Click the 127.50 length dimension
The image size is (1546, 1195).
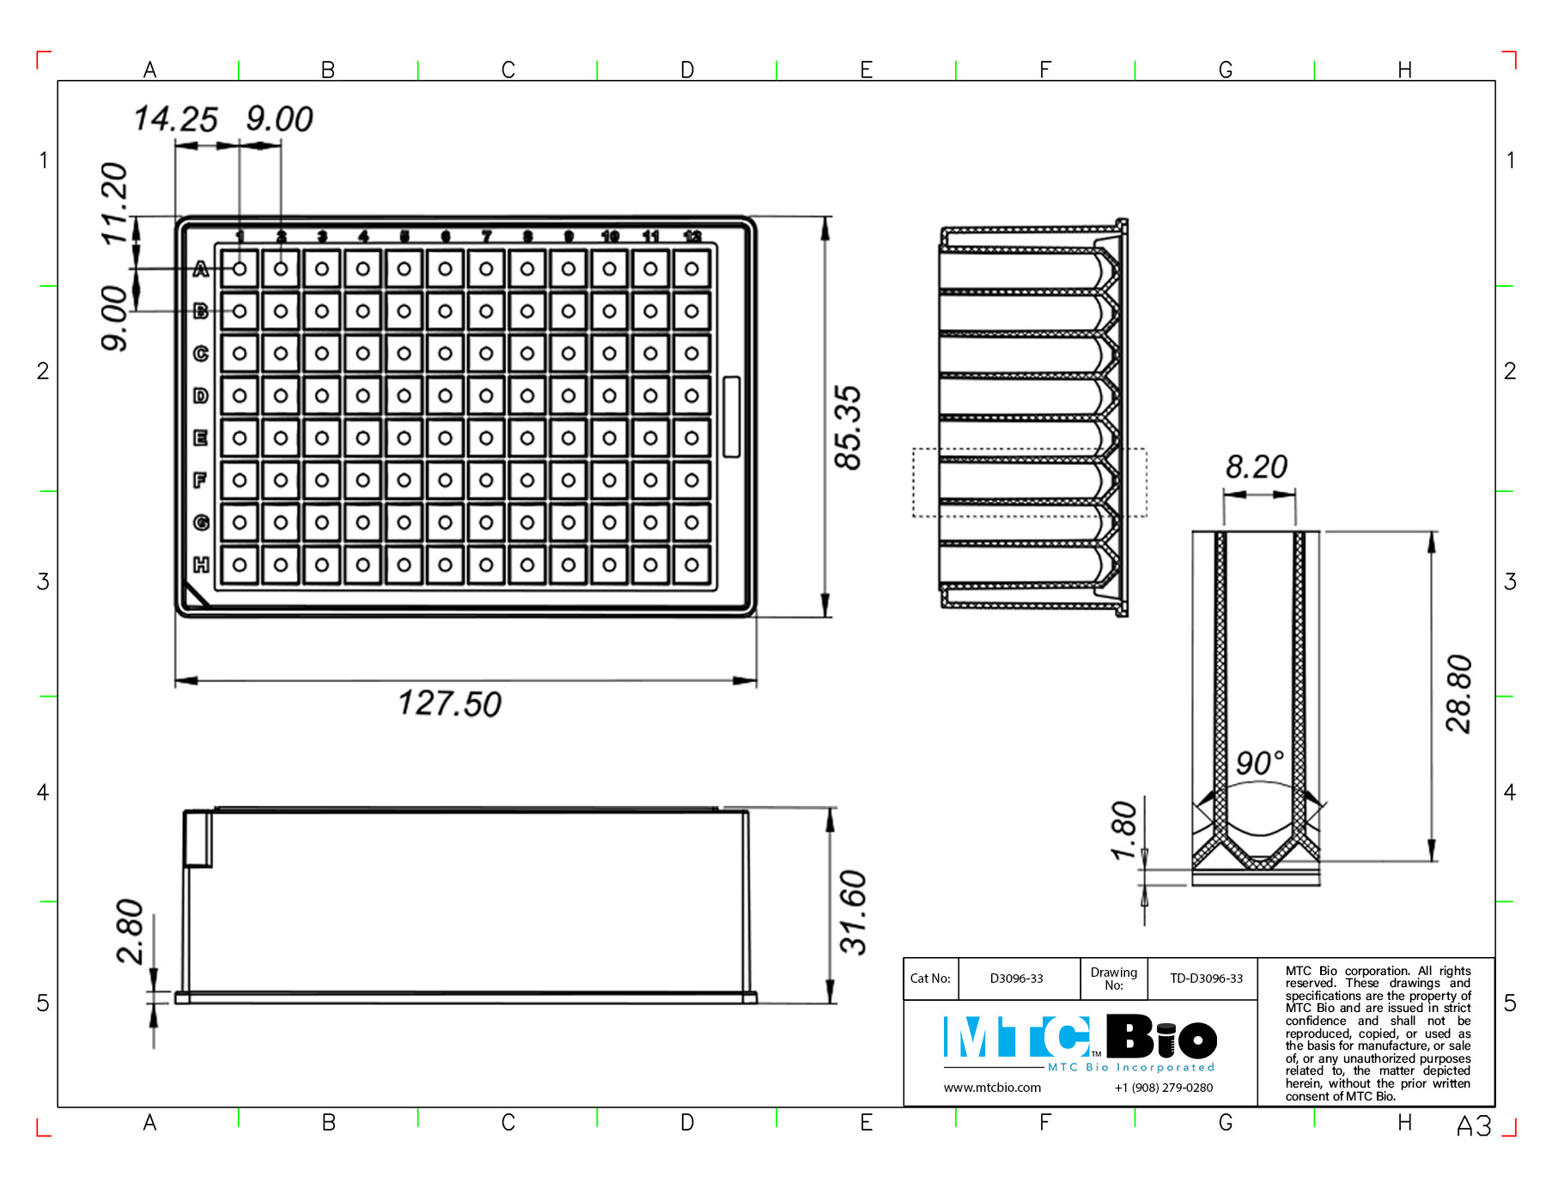point(449,704)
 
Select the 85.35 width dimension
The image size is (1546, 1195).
point(849,427)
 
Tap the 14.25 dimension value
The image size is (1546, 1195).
point(176,119)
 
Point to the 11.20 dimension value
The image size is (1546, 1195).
point(114,204)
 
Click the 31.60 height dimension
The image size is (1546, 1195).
point(854,912)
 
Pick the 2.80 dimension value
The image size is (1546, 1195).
point(130,931)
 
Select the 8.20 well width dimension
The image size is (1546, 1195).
point(1257,467)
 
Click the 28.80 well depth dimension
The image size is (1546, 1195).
point(1459,694)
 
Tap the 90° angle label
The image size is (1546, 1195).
point(1260,762)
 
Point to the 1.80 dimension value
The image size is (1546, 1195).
point(1123,830)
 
